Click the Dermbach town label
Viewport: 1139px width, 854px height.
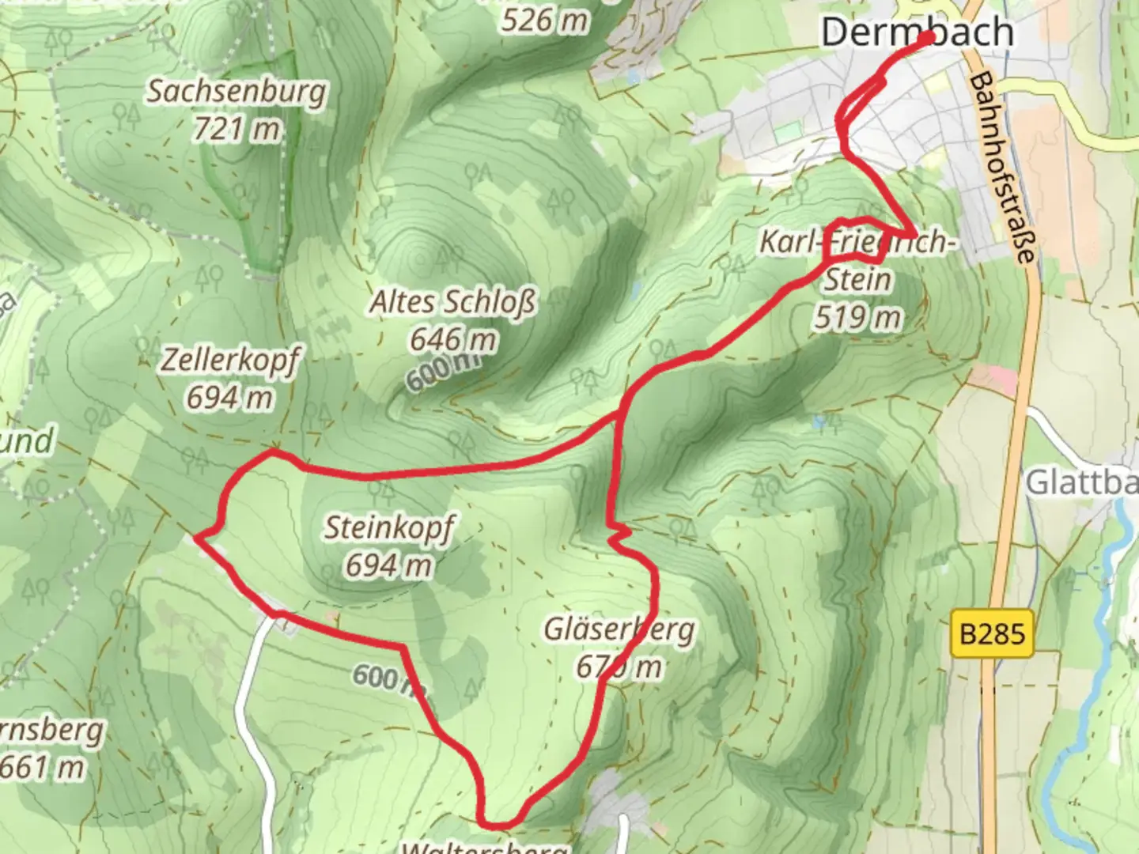(916, 32)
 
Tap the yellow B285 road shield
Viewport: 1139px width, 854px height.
(992, 633)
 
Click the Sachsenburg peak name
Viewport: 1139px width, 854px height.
(237, 91)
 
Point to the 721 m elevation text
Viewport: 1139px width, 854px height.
(237, 128)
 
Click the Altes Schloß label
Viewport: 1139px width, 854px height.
(452, 301)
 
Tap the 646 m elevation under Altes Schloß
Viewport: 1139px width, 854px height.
(452, 339)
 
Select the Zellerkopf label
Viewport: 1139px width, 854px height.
(230, 360)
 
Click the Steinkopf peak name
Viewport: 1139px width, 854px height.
(388, 527)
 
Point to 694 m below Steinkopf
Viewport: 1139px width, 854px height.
(388, 565)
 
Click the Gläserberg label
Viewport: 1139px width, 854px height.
(619, 629)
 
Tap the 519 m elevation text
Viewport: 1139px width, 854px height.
(857, 317)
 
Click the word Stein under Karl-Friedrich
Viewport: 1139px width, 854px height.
(857, 279)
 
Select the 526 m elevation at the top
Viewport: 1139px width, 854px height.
(545, 20)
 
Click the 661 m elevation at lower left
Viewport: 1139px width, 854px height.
(44, 766)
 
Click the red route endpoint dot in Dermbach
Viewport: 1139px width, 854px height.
(927, 37)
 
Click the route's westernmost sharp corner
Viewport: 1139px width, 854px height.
(195, 538)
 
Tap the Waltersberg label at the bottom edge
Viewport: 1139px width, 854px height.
(484, 848)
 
